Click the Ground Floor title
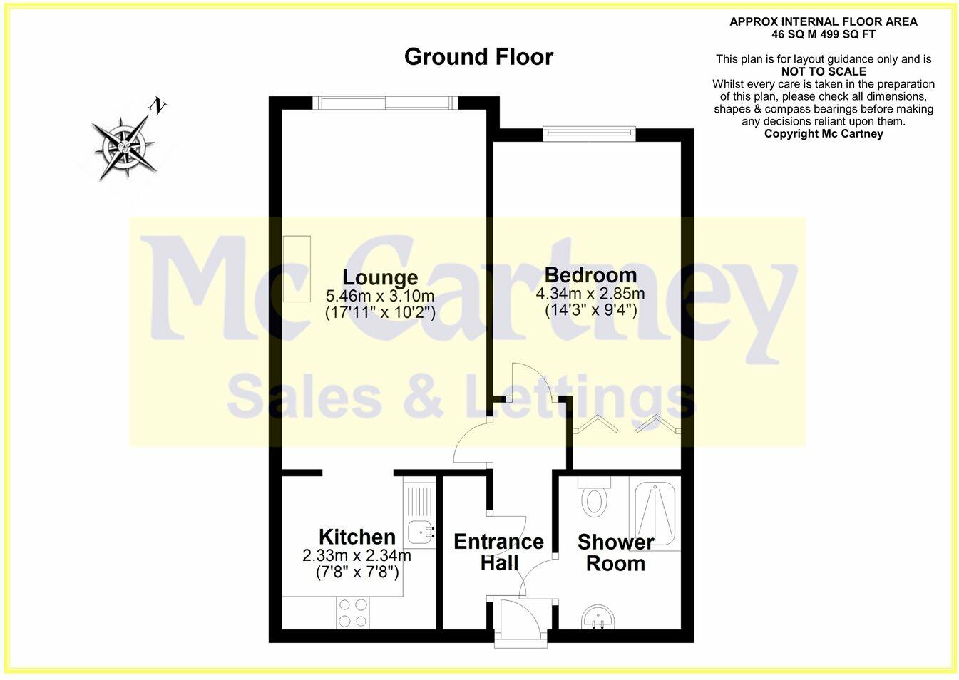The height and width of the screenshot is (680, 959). coord(478,57)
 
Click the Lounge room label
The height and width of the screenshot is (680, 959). coord(380,277)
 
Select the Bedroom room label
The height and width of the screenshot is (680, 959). coord(590,274)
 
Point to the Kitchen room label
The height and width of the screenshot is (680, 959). coord(357,537)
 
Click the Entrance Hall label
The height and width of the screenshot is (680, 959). coord(498,552)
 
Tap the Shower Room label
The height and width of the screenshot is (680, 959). coord(615,552)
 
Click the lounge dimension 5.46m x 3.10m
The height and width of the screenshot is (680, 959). coord(380,296)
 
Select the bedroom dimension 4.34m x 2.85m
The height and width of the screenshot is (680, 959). coord(590,294)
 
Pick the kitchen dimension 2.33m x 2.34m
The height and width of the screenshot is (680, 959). coord(357,555)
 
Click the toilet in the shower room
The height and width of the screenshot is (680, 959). coord(594,498)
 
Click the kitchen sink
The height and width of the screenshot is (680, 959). coord(421,530)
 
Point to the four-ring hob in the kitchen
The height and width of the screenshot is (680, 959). coord(353,613)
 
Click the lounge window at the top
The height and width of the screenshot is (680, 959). coord(386,103)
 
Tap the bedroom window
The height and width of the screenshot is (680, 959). coord(588,131)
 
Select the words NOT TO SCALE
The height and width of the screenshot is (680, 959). coord(824,71)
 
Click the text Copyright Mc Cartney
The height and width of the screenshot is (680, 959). coord(824,133)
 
